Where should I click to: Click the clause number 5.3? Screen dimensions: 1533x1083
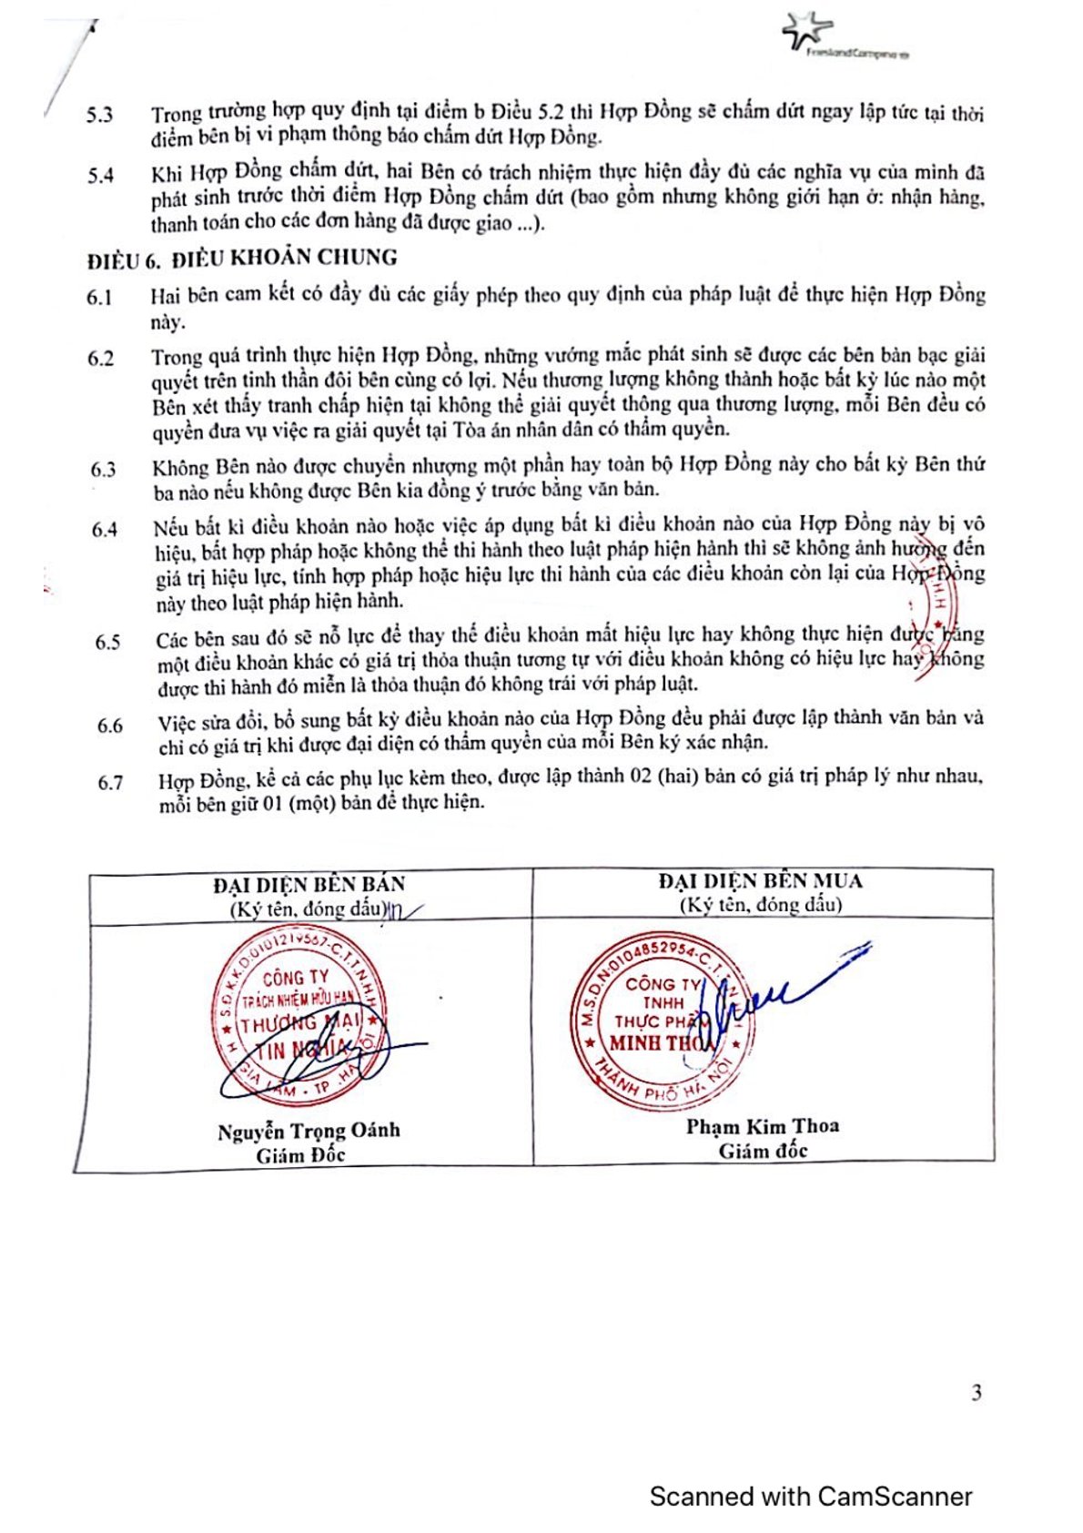pyautogui.click(x=100, y=115)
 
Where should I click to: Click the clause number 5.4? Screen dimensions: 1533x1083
pyautogui.click(x=101, y=175)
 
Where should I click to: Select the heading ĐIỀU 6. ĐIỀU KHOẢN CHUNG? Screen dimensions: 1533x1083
pyautogui.click(x=242, y=259)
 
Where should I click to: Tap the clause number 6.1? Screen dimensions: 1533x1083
pyautogui.click(x=100, y=298)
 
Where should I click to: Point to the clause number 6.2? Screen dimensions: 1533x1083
pyautogui.click(x=101, y=358)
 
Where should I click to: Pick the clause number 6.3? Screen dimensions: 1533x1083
pyautogui.click(x=103, y=470)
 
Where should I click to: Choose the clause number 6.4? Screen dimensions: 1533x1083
pyautogui.click(x=105, y=529)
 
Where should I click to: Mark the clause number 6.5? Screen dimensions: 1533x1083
pyautogui.click(x=107, y=642)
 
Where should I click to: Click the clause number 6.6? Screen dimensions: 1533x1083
pyautogui.click(x=110, y=726)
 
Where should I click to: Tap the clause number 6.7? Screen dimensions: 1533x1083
pyautogui.click(x=111, y=783)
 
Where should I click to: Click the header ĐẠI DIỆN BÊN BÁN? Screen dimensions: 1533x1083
pyautogui.click(x=309, y=884)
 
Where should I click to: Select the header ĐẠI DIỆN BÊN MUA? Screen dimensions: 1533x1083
pyautogui.click(x=760, y=881)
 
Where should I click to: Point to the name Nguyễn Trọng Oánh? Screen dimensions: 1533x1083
pyautogui.click(x=309, y=1132)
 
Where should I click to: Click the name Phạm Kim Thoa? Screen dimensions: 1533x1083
pyautogui.click(x=763, y=1126)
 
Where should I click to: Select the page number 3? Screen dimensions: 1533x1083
pyautogui.click(x=977, y=1393)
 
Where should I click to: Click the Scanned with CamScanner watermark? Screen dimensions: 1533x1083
pyautogui.click(x=811, y=1497)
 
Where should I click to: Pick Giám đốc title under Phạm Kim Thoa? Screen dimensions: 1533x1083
pyautogui.click(x=763, y=1151)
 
